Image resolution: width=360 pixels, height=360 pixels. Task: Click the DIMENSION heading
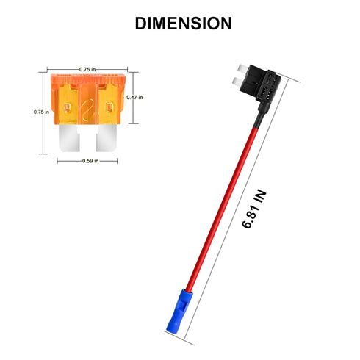[x=183, y=24]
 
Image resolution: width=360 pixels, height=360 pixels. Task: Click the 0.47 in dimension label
[x=134, y=98]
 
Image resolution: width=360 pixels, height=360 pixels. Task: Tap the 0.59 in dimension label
[x=90, y=161]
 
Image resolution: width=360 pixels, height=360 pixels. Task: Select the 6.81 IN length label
[x=254, y=209]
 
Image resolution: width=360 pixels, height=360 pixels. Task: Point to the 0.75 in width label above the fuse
[x=87, y=70]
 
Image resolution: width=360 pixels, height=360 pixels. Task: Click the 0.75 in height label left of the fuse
[x=41, y=112]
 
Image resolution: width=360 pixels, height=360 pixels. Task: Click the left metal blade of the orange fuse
[x=69, y=138]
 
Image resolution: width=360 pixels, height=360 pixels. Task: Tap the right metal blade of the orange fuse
[x=106, y=138]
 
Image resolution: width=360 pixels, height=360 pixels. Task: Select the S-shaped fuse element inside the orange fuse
[x=87, y=110]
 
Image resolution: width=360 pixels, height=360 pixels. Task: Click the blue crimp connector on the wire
[x=179, y=310]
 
